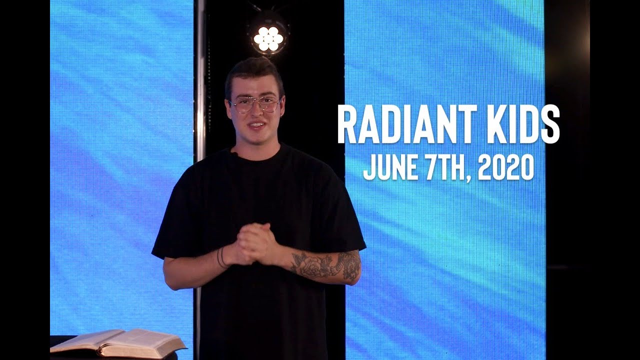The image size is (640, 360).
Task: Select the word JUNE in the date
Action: (x=388, y=168)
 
